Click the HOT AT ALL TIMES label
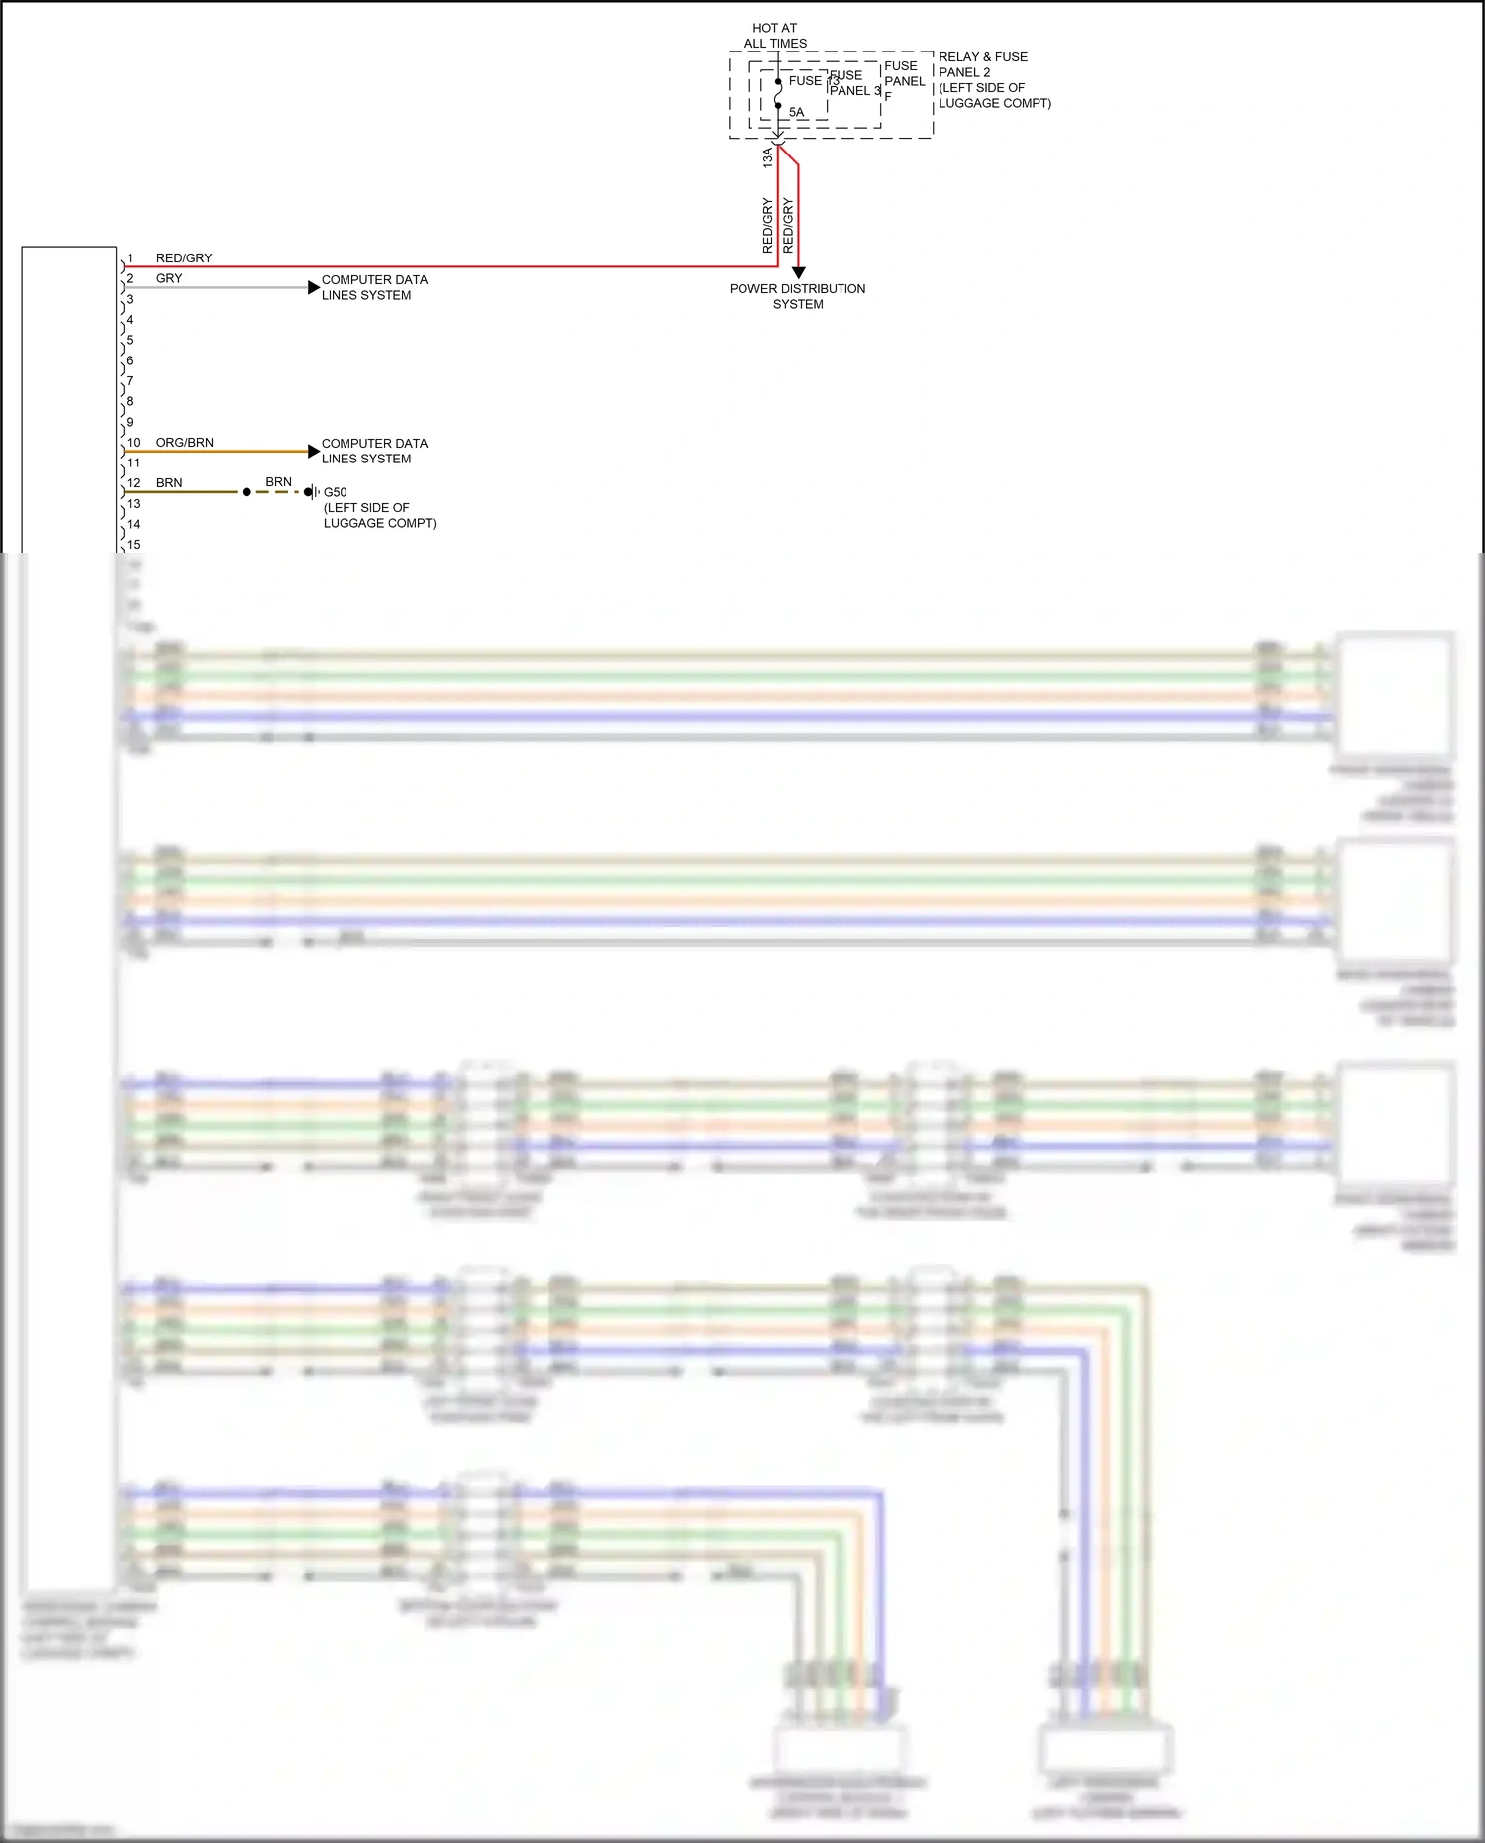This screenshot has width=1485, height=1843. tap(775, 36)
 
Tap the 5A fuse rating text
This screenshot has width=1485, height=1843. tap(796, 112)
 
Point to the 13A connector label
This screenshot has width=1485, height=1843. tap(767, 156)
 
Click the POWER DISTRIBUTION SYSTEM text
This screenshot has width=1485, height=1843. tap(797, 296)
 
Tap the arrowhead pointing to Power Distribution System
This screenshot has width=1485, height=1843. tap(798, 272)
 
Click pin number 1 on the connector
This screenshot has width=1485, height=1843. tap(130, 258)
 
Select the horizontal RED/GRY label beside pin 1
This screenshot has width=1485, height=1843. tap(184, 258)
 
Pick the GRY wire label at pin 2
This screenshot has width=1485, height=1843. tap(169, 278)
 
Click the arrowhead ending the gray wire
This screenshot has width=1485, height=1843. tap(314, 288)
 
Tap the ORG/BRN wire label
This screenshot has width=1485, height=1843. tap(185, 443)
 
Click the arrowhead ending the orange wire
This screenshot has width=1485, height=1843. tap(314, 452)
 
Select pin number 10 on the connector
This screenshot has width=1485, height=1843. tap(134, 443)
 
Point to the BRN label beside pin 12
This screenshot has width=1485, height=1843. tap(169, 483)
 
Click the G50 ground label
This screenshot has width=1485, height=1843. tap(336, 492)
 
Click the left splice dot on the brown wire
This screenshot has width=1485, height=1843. tap(247, 492)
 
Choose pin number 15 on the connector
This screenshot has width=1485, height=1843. tap(134, 545)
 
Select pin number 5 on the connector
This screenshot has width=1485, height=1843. tap(130, 340)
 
